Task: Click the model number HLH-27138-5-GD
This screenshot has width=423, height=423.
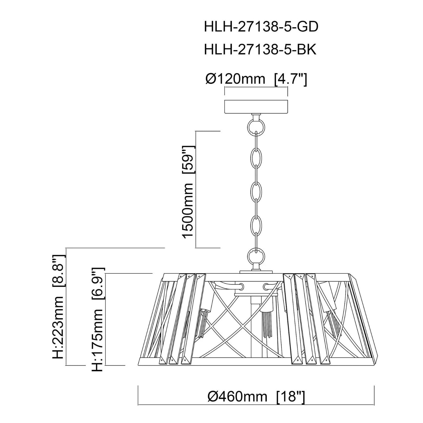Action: [261, 28]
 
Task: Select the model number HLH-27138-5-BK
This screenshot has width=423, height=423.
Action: [260, 50]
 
